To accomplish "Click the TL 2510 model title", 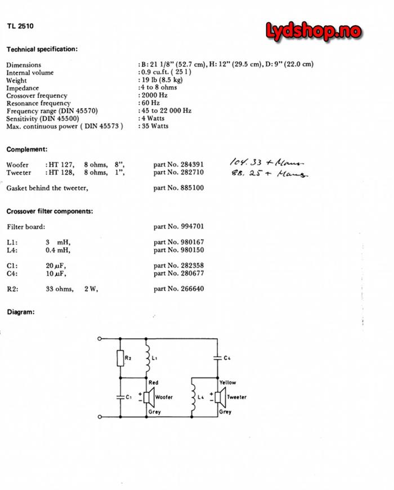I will point(19,26).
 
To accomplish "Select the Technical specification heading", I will point(42,49).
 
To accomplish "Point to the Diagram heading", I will point(20,312).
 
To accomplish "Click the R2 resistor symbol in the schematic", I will point(120,358).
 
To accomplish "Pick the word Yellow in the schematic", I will point(227,383).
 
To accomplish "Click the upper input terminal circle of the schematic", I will point(100,339).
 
